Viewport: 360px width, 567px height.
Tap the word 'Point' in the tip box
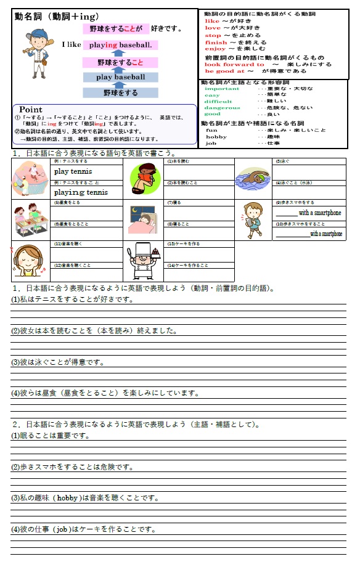point(31,109)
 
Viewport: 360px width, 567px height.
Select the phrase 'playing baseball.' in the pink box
point(120,45)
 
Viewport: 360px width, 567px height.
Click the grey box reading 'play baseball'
point(121,77)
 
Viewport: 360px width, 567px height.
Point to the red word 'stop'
point(213,35)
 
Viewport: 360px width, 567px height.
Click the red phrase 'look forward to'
point(234,64)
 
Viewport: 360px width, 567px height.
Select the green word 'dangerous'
point(221,108)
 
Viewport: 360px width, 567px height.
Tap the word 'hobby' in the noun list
point(216,137)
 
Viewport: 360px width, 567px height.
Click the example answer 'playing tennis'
point(81,192)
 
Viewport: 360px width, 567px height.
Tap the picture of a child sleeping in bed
point(143,219)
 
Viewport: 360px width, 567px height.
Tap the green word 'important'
point(222,89)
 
